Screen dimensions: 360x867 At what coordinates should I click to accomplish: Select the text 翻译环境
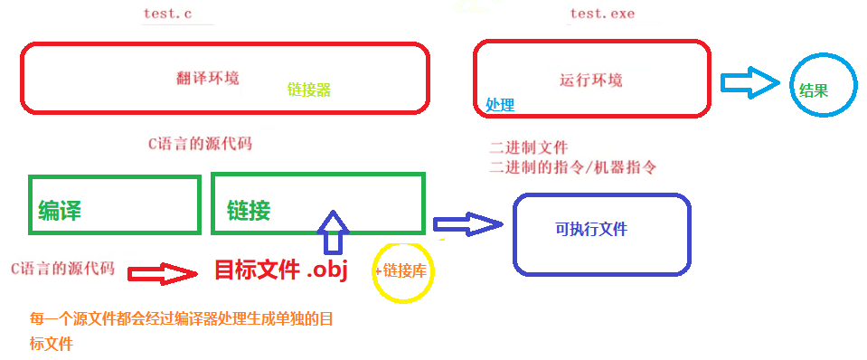click(x=208, y=78)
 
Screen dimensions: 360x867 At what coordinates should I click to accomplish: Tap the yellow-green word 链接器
click(x=308, y=90)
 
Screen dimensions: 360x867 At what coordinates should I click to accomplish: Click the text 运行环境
click(x=591, y=80)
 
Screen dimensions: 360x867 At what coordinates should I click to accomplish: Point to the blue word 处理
click(x=500, y=105)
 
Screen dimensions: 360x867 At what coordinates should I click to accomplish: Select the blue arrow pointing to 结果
click(x=749, y=84)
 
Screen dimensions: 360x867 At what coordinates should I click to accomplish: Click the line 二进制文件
click(x=529, y=148)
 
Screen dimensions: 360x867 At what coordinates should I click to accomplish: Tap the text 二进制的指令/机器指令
click(x=572, y=167)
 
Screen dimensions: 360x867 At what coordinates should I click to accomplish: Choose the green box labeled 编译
click(x=114, y=204)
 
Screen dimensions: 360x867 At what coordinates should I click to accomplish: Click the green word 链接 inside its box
click(x=249, y=212)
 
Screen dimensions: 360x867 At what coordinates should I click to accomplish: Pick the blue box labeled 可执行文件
click(x=601, y=233)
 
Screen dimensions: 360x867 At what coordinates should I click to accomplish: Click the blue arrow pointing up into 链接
click(x=334, y=232)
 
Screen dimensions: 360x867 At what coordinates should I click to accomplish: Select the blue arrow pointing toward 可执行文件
click(x=466, y=224)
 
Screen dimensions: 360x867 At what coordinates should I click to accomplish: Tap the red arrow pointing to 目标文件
click(x=162, y=272)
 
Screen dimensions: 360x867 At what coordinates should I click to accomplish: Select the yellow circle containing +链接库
click(x=403, y=270)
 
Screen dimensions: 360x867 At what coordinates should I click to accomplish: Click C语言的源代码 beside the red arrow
click(x=62, y=269)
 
